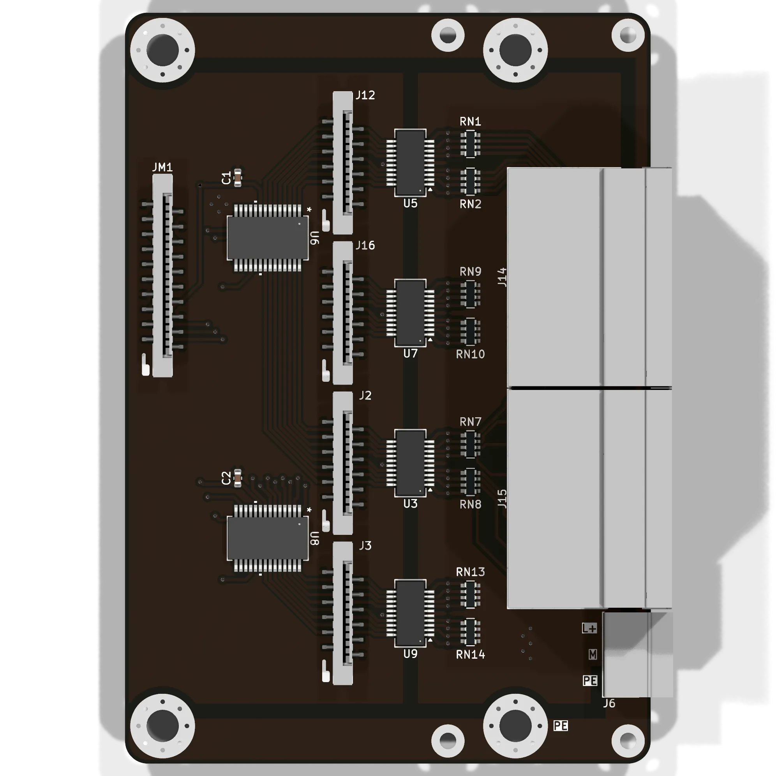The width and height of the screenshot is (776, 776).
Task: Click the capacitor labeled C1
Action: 237,178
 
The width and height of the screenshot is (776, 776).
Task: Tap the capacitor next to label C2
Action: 237,478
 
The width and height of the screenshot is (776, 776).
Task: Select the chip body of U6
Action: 268,238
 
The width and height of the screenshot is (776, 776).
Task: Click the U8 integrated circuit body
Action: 268,538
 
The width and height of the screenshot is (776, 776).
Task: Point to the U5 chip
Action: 410,163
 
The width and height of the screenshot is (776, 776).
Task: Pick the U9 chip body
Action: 410,613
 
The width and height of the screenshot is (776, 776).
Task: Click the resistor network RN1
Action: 470,143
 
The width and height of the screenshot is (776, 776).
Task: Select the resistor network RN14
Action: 470,632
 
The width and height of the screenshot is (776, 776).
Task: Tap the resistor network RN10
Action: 470,332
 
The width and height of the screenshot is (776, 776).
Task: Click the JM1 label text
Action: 163,167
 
